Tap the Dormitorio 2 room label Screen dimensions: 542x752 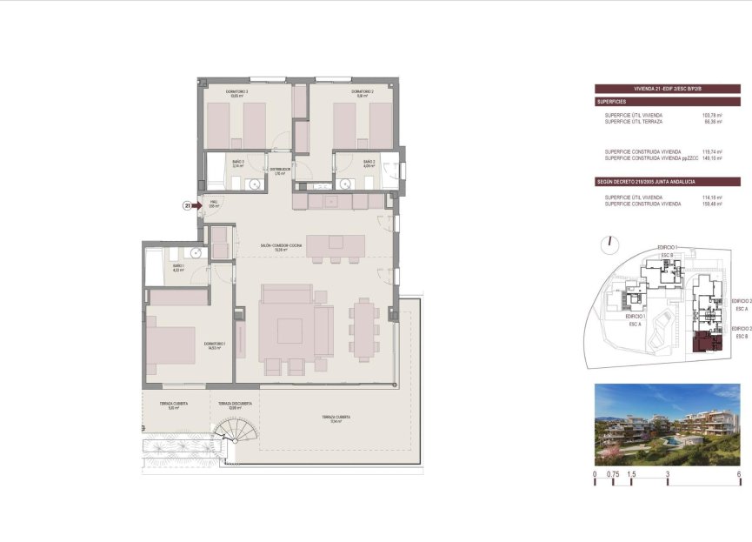tap(363, 92)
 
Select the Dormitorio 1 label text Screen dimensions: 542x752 tap(214, 345)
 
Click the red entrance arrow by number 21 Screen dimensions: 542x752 tap(196, 206)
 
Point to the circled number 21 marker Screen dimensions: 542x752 tap(186, 206)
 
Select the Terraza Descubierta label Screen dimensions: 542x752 tap(235, 405)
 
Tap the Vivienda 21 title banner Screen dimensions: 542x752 tap(667, 88)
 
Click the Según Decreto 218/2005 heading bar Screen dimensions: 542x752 tap(667, 182)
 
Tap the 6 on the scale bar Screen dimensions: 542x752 tap(738, 475)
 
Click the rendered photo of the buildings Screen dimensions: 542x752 tap(667, 425)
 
